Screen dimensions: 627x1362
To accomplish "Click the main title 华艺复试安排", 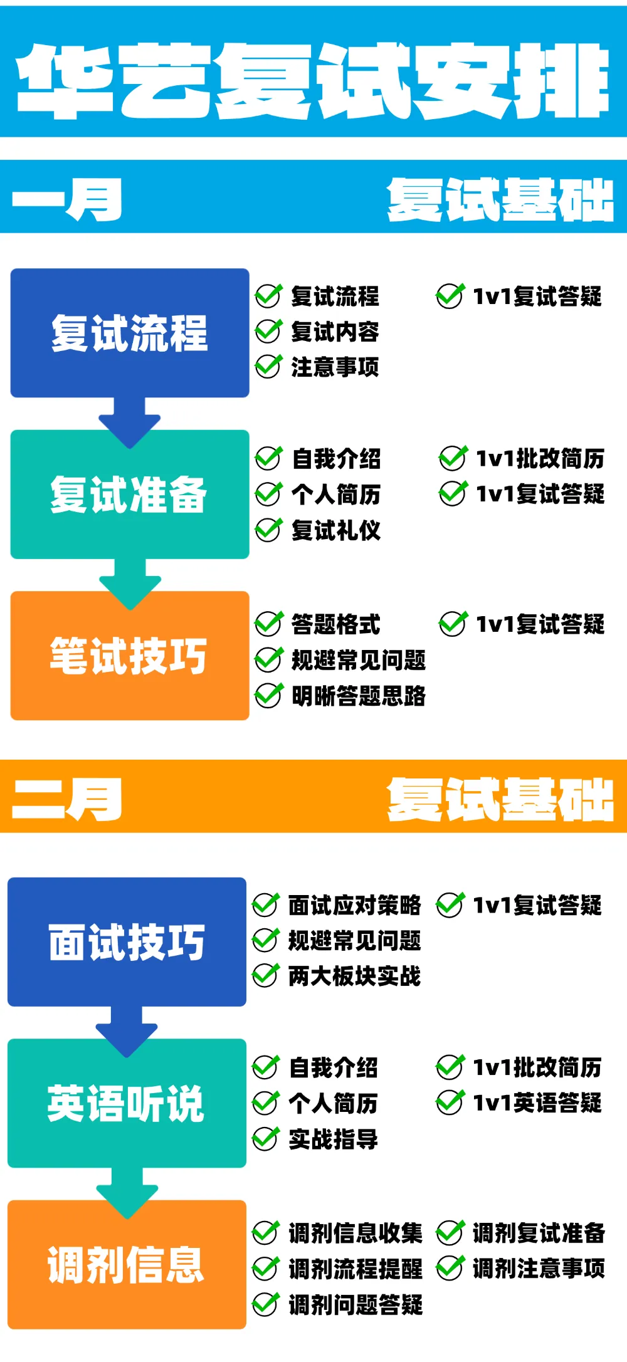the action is pos(313,80).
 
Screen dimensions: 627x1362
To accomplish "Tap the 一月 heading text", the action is pos(67,199).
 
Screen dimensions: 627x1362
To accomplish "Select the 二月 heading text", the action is pos(67,799).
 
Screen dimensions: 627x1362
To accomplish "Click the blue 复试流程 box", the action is pos(130,333).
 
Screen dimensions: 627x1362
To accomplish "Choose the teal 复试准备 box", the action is pos(130,495).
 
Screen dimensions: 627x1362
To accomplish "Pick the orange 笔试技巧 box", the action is pos(130,656).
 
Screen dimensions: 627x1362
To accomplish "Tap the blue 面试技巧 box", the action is pos(127,942).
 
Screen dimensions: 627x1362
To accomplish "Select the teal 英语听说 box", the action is pos(127,1103).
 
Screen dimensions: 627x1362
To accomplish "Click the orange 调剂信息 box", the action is pos(127,1265).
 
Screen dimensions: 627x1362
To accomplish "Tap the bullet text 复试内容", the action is pos(335,332).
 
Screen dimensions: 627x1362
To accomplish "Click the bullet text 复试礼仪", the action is pos(336,530).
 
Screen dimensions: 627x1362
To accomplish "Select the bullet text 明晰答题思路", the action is pos(359,696).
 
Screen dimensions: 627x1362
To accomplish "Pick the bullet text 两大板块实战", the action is pos(355,976).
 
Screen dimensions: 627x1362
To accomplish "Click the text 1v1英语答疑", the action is pos(537,1103).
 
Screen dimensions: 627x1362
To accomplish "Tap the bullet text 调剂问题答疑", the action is pos(356,1305).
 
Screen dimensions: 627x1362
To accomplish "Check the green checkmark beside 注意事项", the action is pos(268,367).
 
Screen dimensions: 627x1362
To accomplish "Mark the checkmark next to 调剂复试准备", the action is pos(450,1232).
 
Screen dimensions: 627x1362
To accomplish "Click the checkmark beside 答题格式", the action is pos(268,624).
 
